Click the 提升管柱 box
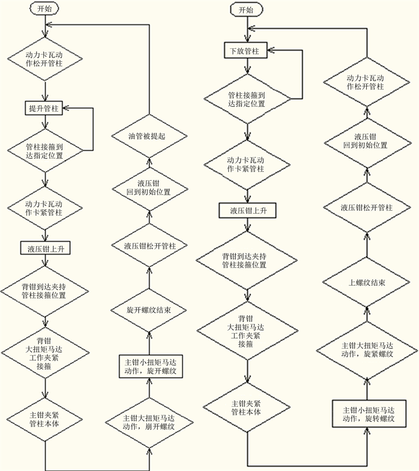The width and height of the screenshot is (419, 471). click(44, 107)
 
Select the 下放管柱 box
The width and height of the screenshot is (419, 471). click(245, 51)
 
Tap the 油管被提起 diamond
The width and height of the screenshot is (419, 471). click(149, 136)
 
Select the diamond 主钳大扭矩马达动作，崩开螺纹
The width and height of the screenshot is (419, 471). click(149, 422)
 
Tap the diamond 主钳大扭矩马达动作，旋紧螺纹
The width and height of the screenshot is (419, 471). click(367, 349)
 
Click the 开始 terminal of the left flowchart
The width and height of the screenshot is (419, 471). click(44, 10)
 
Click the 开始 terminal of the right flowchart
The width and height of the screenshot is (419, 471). click(245, 10)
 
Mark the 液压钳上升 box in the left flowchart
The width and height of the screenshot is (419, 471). click(44, 248)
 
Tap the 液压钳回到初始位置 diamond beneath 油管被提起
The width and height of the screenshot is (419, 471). click(149, 187)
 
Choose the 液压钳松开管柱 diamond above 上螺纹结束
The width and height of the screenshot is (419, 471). click(367, 207)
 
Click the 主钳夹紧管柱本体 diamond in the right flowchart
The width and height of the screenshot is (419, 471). click(245, 407)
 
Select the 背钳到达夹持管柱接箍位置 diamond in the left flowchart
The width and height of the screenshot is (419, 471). click(44, 291)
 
